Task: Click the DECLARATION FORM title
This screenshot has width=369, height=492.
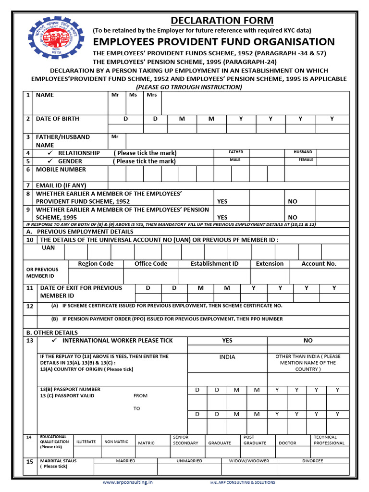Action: [x=222, y=20]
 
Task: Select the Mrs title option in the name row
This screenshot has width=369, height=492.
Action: [x=151, y=95]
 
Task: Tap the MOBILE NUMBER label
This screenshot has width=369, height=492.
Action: [x=61, y=170]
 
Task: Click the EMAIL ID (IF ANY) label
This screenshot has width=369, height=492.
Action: [x=61, y=185]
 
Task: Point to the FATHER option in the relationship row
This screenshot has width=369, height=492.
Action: [x=235, y=152]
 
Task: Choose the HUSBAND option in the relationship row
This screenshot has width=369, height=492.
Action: [x=303, y=152]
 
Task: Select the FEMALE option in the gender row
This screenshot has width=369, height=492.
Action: [x=306, y=160]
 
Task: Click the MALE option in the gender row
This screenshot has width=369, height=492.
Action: [x=235, y=160]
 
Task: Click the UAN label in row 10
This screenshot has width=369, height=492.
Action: [x=49, y=248]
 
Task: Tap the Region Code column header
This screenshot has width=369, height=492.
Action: [x=96, y=264]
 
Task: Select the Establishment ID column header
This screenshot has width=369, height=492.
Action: [x=214, y=264]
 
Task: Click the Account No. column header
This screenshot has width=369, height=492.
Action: [x=319, y=264]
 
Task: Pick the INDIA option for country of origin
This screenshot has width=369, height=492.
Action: [x=227, y=357]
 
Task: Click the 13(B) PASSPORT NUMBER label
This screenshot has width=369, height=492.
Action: [x=70, y=389]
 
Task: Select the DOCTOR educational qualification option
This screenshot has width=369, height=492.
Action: [x=287, y=443]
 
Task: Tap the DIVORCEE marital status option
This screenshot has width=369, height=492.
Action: [x=313, y=461]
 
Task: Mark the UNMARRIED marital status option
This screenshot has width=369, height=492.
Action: [x=189, y=461]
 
